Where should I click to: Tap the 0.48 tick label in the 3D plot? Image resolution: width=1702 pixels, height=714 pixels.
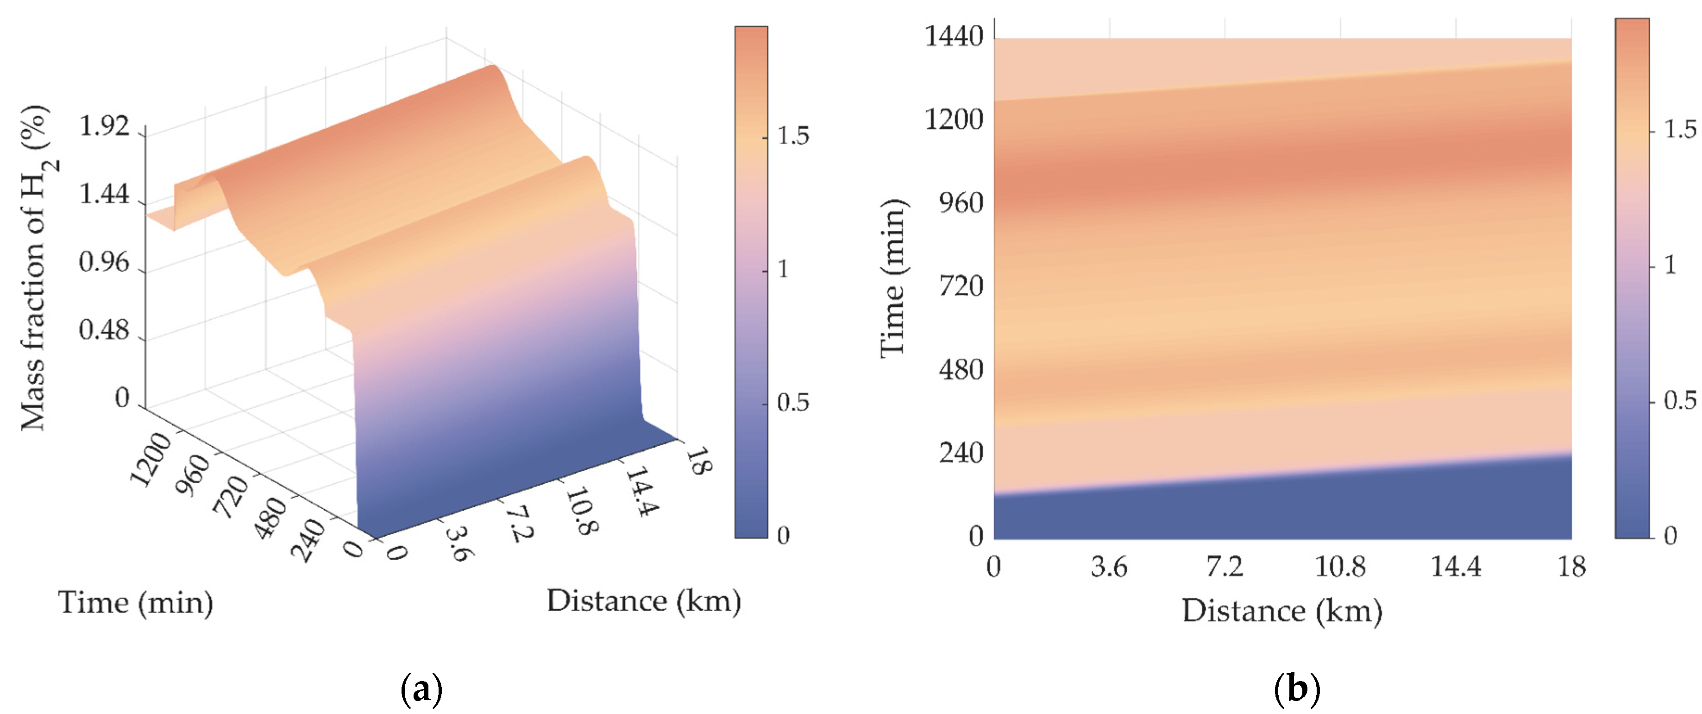104,329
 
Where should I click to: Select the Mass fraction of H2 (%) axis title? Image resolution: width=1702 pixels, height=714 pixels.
36,268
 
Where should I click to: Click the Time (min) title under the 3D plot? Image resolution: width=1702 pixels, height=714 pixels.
135,602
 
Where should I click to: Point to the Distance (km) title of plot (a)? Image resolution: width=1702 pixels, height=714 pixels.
644,600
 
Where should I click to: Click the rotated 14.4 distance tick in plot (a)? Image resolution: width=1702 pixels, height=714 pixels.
641,491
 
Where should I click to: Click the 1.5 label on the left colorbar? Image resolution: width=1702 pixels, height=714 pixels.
792,136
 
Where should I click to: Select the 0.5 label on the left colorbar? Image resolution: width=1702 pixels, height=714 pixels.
792,402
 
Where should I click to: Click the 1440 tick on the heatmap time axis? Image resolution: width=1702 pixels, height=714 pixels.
954,36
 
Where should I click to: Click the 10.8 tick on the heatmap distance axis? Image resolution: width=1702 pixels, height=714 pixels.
1340,567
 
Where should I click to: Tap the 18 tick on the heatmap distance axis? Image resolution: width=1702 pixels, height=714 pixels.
1571,567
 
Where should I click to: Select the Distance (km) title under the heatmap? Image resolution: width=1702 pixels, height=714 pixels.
1282,610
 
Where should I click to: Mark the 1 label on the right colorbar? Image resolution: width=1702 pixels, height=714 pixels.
1670,265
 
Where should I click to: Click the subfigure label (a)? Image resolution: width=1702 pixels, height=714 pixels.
421,689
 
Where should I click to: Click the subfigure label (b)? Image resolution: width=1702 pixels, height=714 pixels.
1296,689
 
